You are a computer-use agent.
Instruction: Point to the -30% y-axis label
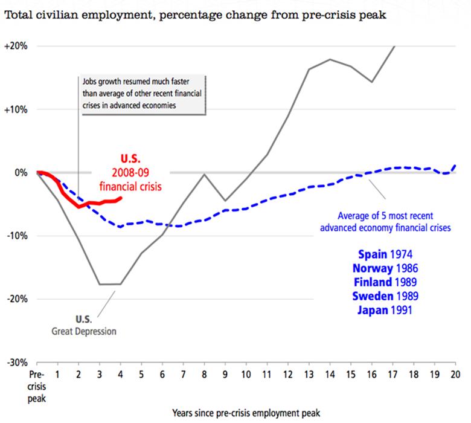click(16, 363)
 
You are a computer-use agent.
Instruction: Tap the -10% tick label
click(16, 236)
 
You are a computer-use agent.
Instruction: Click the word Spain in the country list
click(373, 253)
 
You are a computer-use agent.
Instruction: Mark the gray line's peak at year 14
click(330, 59)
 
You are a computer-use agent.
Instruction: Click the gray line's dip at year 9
click(225, 200)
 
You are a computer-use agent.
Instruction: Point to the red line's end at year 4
click(121, 198)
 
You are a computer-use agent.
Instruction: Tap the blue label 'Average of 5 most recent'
click(394, 216)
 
